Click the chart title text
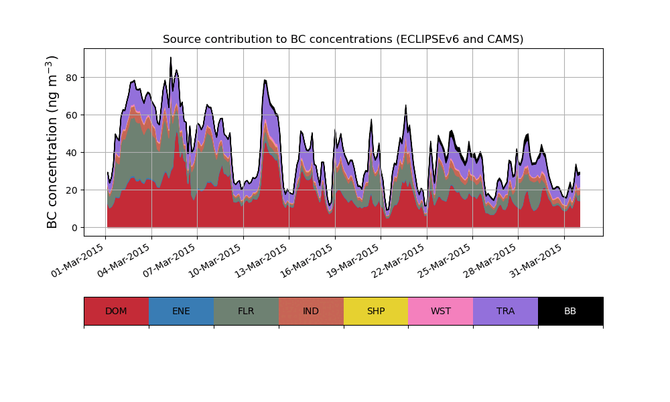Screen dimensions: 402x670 pyautogui.click(x=343, y=40)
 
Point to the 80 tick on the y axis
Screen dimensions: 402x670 pyautogui.click(x=70, y=78)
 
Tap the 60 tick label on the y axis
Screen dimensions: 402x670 pyautogui.click(x=70, y=115)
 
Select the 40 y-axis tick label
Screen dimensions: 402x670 pyautogui.click(x=70, y=153)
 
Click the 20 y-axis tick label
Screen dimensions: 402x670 pyautogui.click(x=70, y=190)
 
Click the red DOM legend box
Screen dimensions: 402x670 pyautogui.click(x=116, y=311)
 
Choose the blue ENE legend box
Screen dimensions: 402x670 pyautogui.click(x=181, y=311)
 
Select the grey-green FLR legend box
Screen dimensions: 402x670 pyautogui.click(x=246, y=311)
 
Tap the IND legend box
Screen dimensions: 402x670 pyautogui.click(x=311, y=311)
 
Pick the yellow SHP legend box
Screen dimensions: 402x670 pyautogui.click(x=376, y=311)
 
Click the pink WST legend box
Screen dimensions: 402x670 pyautogui.click(x=441, y=311)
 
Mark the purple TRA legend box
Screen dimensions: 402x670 pyautogui.click(x=506, y=311)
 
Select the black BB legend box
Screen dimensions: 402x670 pyautogui.click(x=570, y=311)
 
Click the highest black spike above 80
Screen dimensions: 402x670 pyautogui.click(x=171, y=59)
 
